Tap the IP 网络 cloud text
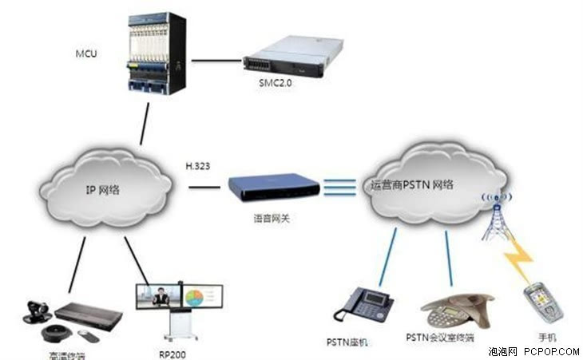100,192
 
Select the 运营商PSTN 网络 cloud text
412,185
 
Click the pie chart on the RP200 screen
195,297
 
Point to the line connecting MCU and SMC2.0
216,60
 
